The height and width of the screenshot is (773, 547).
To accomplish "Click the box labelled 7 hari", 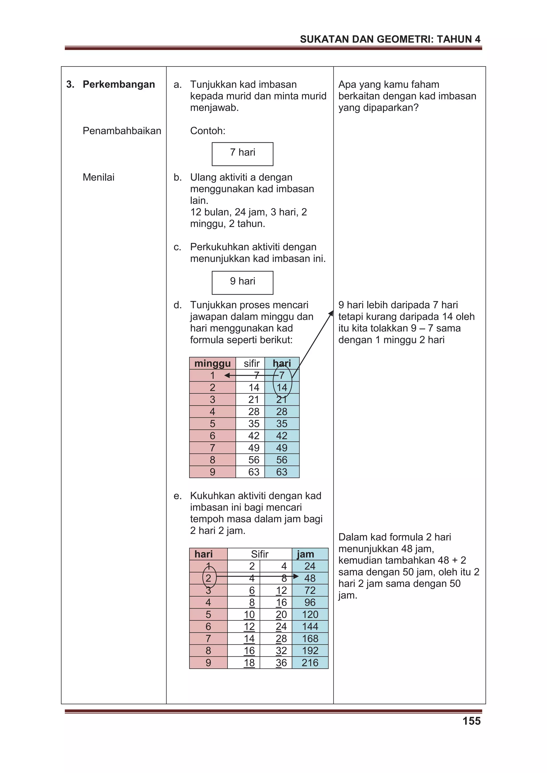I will point(242,154).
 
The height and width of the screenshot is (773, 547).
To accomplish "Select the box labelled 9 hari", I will point(242,283).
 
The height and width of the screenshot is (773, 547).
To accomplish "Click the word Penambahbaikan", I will point(122,131).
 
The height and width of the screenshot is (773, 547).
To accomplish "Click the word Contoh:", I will point(208,131).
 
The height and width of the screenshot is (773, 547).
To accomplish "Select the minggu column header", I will point(212,363).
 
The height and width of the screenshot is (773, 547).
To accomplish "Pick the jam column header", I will point(305,554).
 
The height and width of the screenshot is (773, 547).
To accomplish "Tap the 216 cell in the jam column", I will point(310,662).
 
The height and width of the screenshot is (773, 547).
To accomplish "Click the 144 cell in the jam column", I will point(310,626).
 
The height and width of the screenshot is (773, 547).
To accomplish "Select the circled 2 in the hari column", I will point(208,578).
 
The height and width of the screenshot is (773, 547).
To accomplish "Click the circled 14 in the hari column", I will point(282,387).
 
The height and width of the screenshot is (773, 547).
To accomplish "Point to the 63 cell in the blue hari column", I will point(282,472).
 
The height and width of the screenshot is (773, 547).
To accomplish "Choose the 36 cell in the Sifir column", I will point(281,662).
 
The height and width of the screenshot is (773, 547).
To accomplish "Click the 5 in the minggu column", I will point(212,423).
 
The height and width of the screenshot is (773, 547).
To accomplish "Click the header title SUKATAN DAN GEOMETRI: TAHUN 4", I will point(390,39).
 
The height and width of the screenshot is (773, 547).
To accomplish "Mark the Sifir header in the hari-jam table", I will point(260,554).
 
